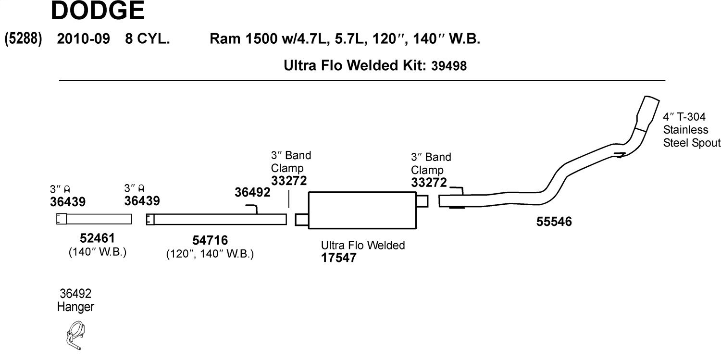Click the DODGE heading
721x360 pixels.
pyautogui.click(x=98, y=11)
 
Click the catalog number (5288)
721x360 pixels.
pyautogui.click(x=23, y=39)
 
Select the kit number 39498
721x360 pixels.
pyautogui.click(x=448, y=66)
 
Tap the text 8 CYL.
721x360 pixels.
pyautogui.click(x=148, y=39)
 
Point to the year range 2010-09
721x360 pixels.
pyautogui.click(x=83, y=39)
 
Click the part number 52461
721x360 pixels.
pyautogui.click(x=97, y=238)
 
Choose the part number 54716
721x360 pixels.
pyautogui.click(x=210, y=240)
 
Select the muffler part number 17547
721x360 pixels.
pyautogui.click(x=338, y=258)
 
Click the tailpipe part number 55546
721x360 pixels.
pyautogui.click(x=554, y=222)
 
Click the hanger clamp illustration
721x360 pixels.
pyautogui.click(x=75, y=335)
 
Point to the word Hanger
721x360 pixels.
pyautogui.click(x=75, y=307)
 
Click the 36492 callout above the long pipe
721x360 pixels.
pyautogui.click(x=252, y=192)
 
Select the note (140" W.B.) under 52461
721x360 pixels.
pyautogui.click(x=98, y=252)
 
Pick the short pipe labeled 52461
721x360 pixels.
pyautogui.click(x=94, y=219)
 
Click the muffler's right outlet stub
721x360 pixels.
pyautogui.click(x=423, y=201)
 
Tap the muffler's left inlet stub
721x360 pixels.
pyautogui.click(x=302, y=220)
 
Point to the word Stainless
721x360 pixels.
pyautogui.click(x=685, y=130)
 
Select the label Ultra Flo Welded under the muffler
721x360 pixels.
pyautogui.click(x=363, y=246)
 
